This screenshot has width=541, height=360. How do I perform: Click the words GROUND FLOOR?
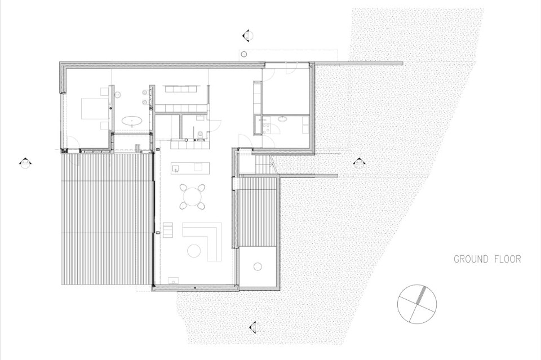point(487,259)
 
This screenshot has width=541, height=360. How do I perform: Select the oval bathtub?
point(132,121)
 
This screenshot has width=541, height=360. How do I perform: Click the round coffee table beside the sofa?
point(194,250)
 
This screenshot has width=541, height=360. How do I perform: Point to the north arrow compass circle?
point(417,304)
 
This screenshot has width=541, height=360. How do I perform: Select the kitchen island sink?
point(175,168)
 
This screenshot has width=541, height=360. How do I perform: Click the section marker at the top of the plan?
point(247,35)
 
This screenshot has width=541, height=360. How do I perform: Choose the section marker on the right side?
point(359,162)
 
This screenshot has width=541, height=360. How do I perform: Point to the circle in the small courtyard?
point(258,266)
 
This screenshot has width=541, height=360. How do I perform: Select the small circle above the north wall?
point(244,54)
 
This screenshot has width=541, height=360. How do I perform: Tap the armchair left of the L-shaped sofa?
point(168,230)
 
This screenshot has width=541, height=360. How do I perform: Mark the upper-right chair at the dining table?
point(202,188)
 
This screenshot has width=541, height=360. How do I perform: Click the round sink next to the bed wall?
point(118,94)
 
